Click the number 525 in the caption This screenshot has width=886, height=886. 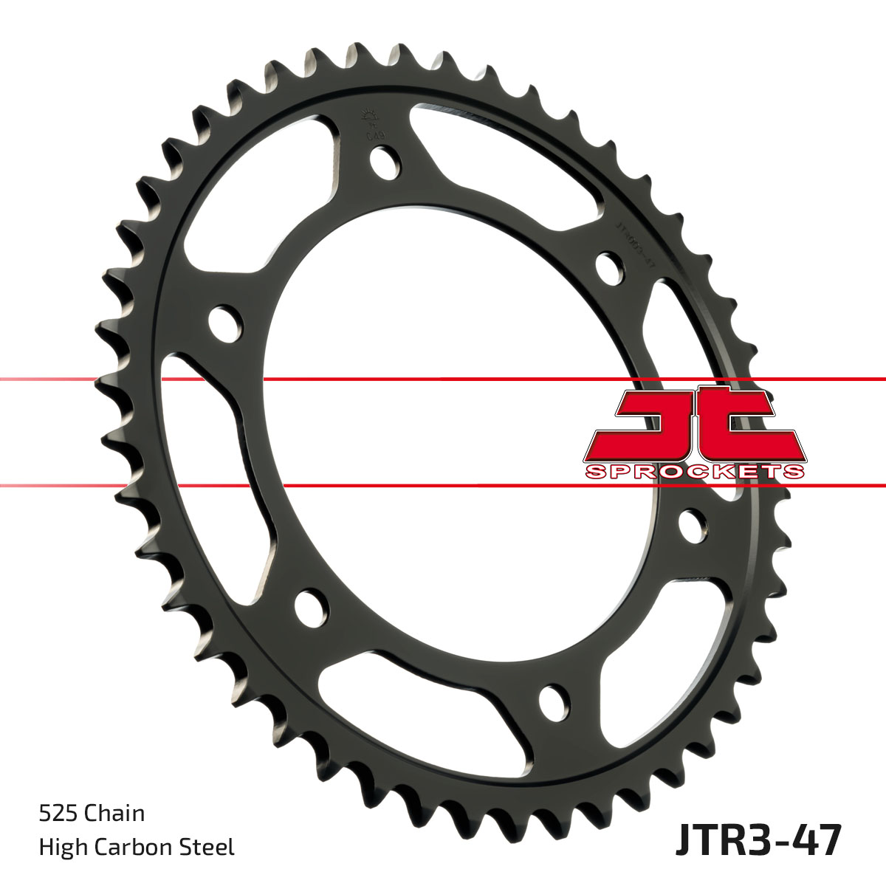pos(58,814)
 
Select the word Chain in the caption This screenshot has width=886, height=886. pos(114,814)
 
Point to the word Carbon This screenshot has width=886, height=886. pos(137,847)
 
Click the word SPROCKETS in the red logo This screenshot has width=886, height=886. pos(694,472)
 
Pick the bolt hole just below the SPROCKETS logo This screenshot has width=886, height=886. pos(692,526)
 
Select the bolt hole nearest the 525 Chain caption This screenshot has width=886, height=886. pos(310,607)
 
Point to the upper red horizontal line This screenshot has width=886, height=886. pos(443,380)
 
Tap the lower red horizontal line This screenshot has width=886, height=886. pos(443,486)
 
